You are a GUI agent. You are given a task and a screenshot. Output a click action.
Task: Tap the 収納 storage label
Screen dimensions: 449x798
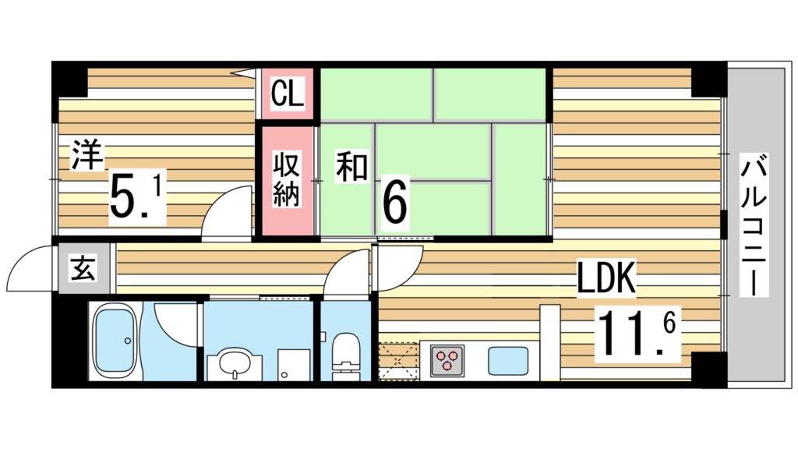point(286,181)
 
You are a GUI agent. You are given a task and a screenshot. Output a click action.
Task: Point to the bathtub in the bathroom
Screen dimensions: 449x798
point(116,341)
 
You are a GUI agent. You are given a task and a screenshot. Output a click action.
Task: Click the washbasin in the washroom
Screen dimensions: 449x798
point(231,363)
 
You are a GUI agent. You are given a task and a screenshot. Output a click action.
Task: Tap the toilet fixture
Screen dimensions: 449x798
point(345,355)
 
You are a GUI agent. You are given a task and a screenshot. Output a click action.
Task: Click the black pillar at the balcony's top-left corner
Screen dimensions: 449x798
point(708,79)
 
